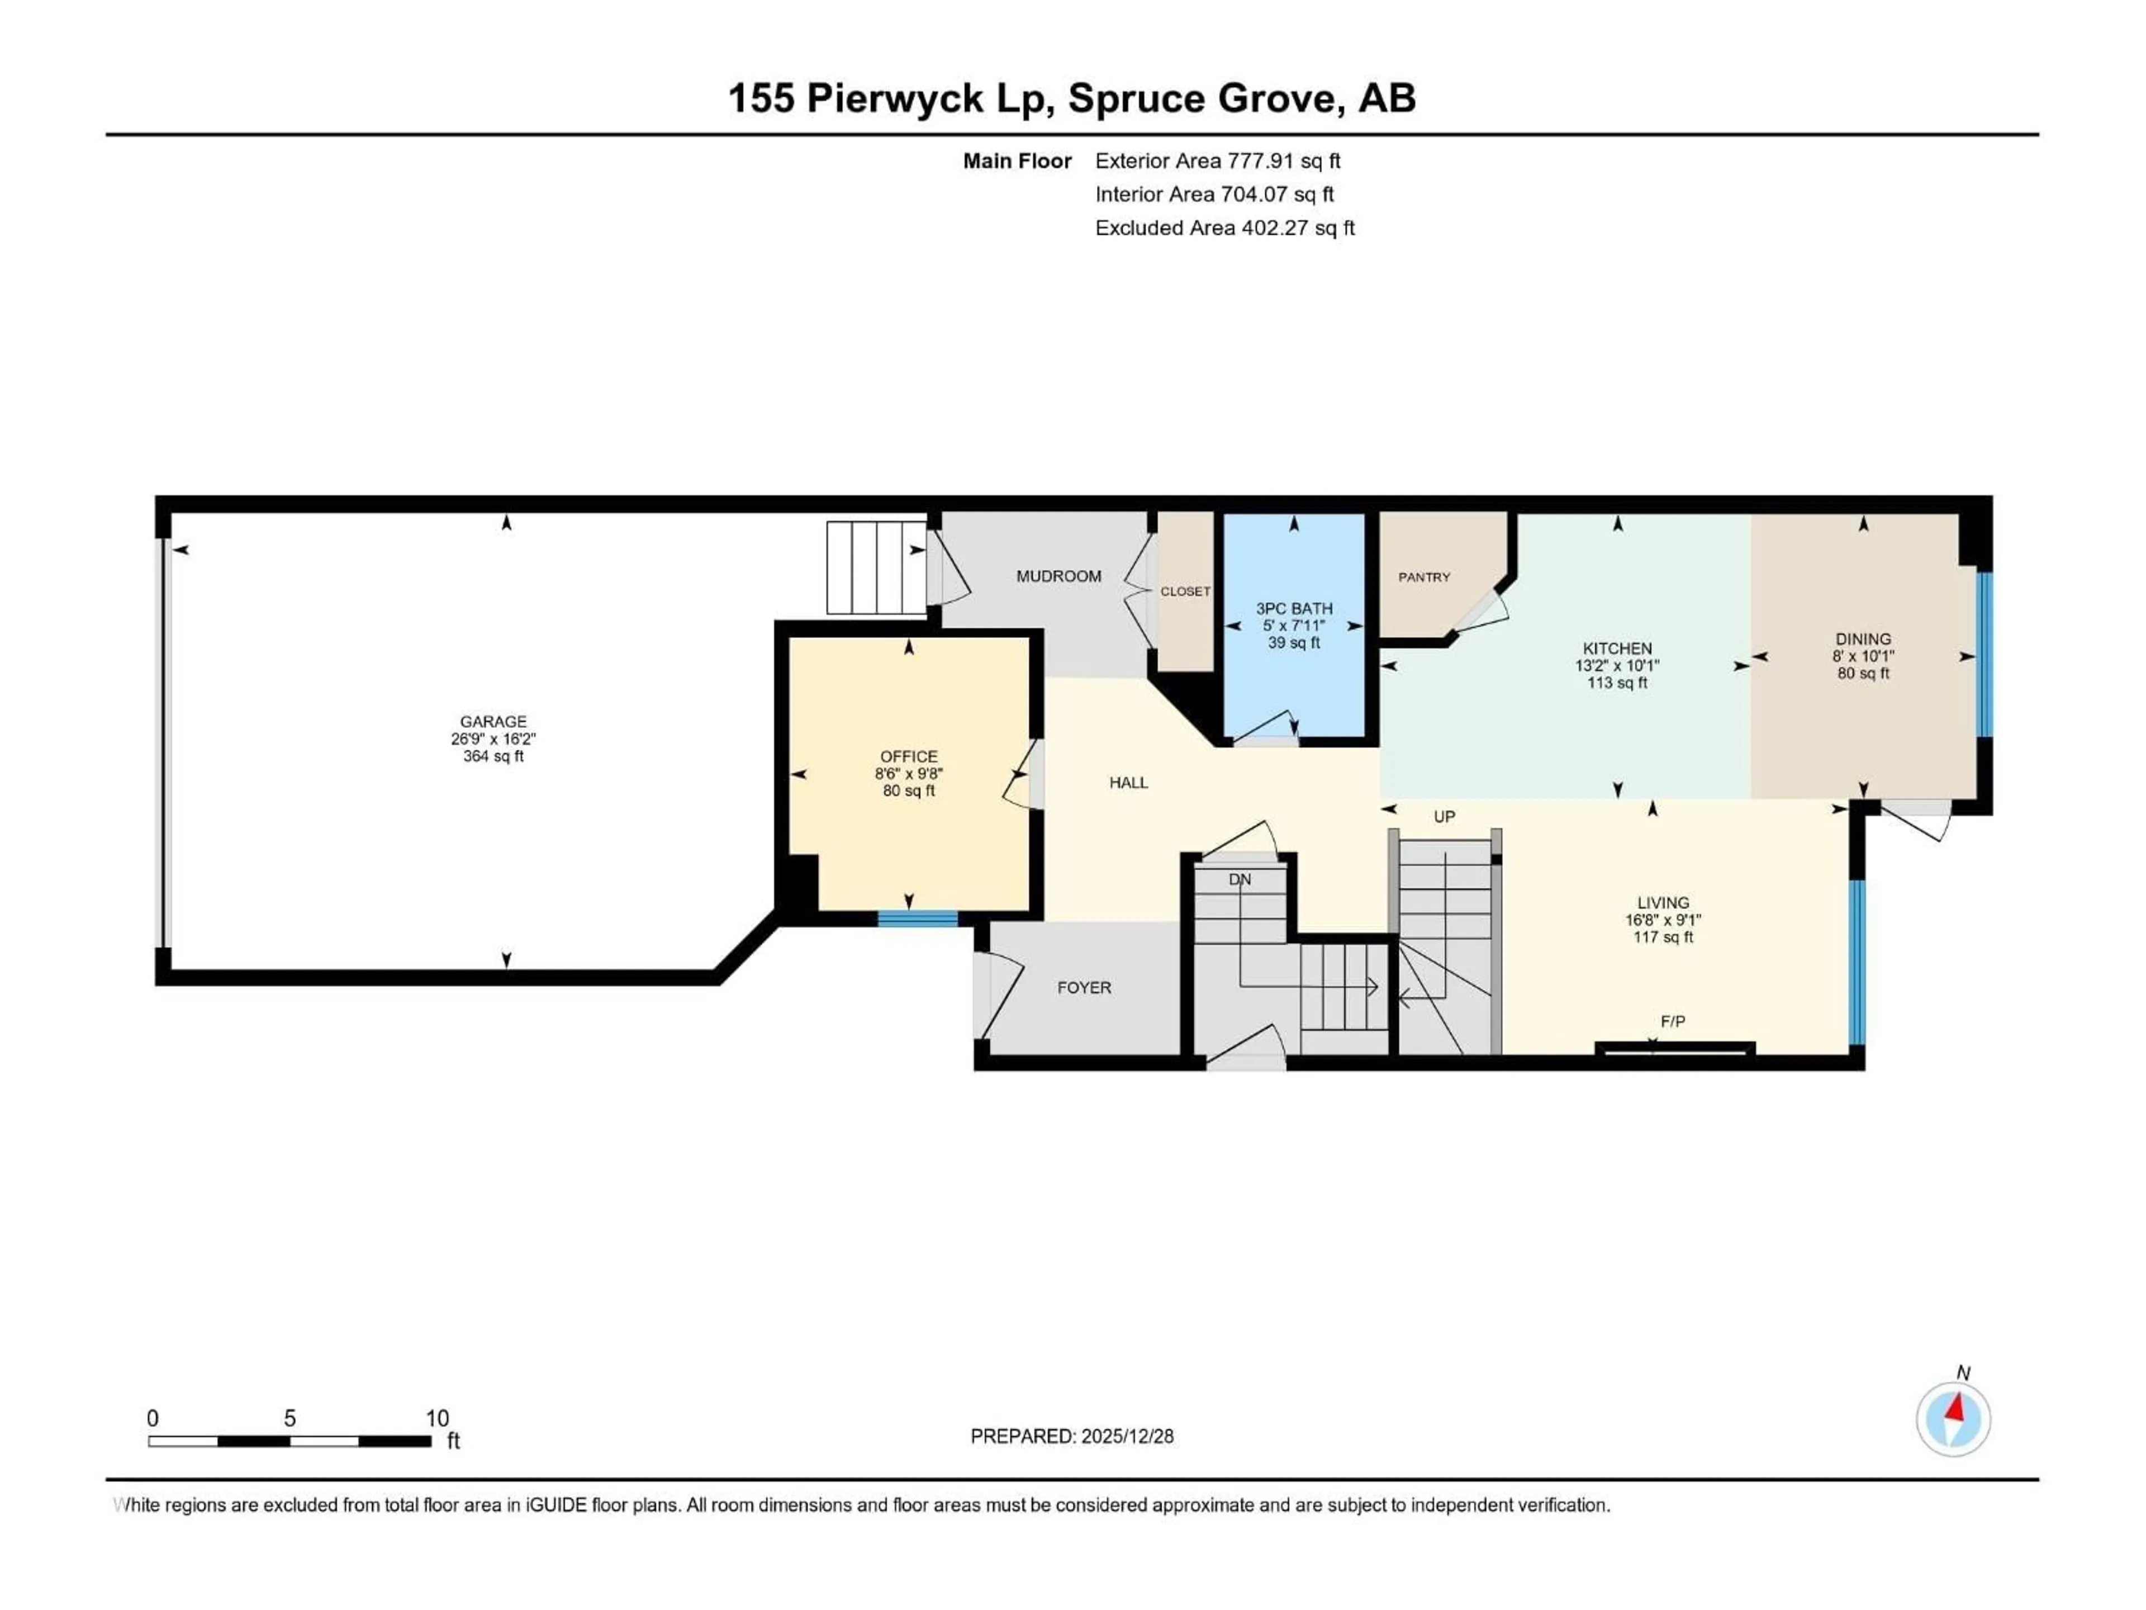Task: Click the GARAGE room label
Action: click(493, 721)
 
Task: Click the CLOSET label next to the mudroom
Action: click(1185, 591)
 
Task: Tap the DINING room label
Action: click(1863, 638)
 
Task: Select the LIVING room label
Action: click(1663, 902)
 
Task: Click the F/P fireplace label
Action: click(1673, 1021)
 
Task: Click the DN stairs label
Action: click(1240, 879)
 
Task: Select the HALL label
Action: click(1128, 782)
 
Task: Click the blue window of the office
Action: click(917, 919)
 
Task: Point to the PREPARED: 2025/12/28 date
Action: click(1071, 1436)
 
